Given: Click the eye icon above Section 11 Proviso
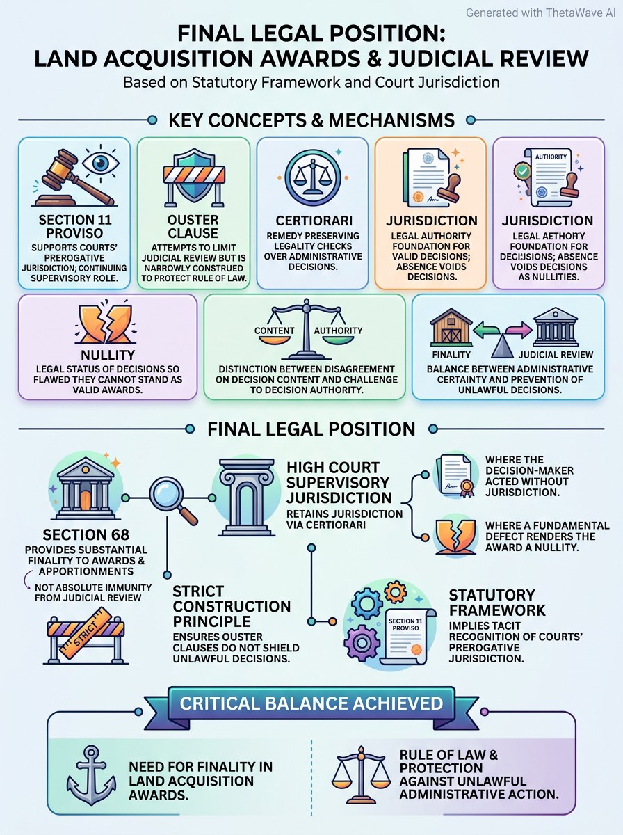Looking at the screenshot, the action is point(100,163).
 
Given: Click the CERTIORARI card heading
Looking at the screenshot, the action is point(314,221).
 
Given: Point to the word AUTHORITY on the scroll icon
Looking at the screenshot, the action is point(551,157).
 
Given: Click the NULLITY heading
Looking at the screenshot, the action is point(108,355).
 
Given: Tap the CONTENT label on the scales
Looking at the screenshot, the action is point(275,331).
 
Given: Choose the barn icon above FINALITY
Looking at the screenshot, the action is point(451,327).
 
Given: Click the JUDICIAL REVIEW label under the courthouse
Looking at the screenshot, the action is point(556,355).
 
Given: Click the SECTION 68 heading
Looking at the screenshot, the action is point(86,535).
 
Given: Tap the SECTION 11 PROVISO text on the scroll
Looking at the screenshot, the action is point(405,624).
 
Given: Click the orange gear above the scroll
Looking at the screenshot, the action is point(396,592).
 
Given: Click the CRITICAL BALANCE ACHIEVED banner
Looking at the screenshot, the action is point(311,703).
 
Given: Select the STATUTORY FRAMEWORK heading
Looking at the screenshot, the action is point(497,603).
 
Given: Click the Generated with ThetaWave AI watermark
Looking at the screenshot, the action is point(540,13).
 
